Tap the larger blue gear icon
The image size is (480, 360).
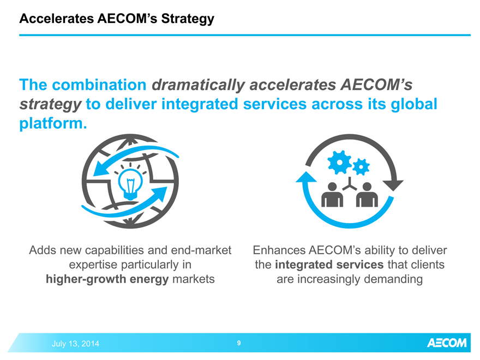pos(339,162)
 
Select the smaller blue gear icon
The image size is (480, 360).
pos(361,167)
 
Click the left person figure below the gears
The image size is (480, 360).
pos(332,195)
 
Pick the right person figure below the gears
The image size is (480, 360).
pos(367,195)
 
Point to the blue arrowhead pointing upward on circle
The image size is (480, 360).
pos(306,178)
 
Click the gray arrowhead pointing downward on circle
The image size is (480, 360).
pos(393,185)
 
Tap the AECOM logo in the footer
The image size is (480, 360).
pos(447,343)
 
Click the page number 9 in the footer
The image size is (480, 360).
pos(239,343)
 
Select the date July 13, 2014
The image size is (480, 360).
pos(75,344)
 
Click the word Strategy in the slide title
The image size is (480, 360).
pos(188,19)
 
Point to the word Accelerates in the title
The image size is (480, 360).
pos(57,19)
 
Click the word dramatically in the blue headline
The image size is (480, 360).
pos(199,85)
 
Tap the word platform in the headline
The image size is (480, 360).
pos(51,123)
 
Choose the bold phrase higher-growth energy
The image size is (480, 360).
pos(107,279)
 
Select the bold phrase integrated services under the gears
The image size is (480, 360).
pos(329,265)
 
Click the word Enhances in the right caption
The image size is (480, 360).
pos(279,250)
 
